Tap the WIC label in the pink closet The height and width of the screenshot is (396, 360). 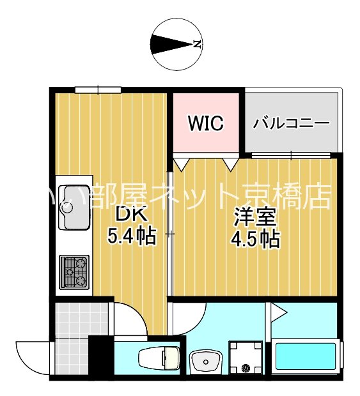(x=205, y=123)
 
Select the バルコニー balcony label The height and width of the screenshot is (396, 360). (x=290, y=123)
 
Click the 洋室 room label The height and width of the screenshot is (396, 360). (x=254, y=217)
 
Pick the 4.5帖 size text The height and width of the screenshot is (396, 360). (x=254, y=239)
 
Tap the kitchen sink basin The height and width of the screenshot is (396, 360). (x=74, y=206)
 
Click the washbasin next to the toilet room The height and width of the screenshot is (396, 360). (x=206, y=362)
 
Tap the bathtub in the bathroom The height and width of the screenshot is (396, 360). (x=306, y=359)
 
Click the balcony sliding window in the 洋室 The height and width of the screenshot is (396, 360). (x=291, y=155)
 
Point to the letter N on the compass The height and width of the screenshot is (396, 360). (x=198, y=45)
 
